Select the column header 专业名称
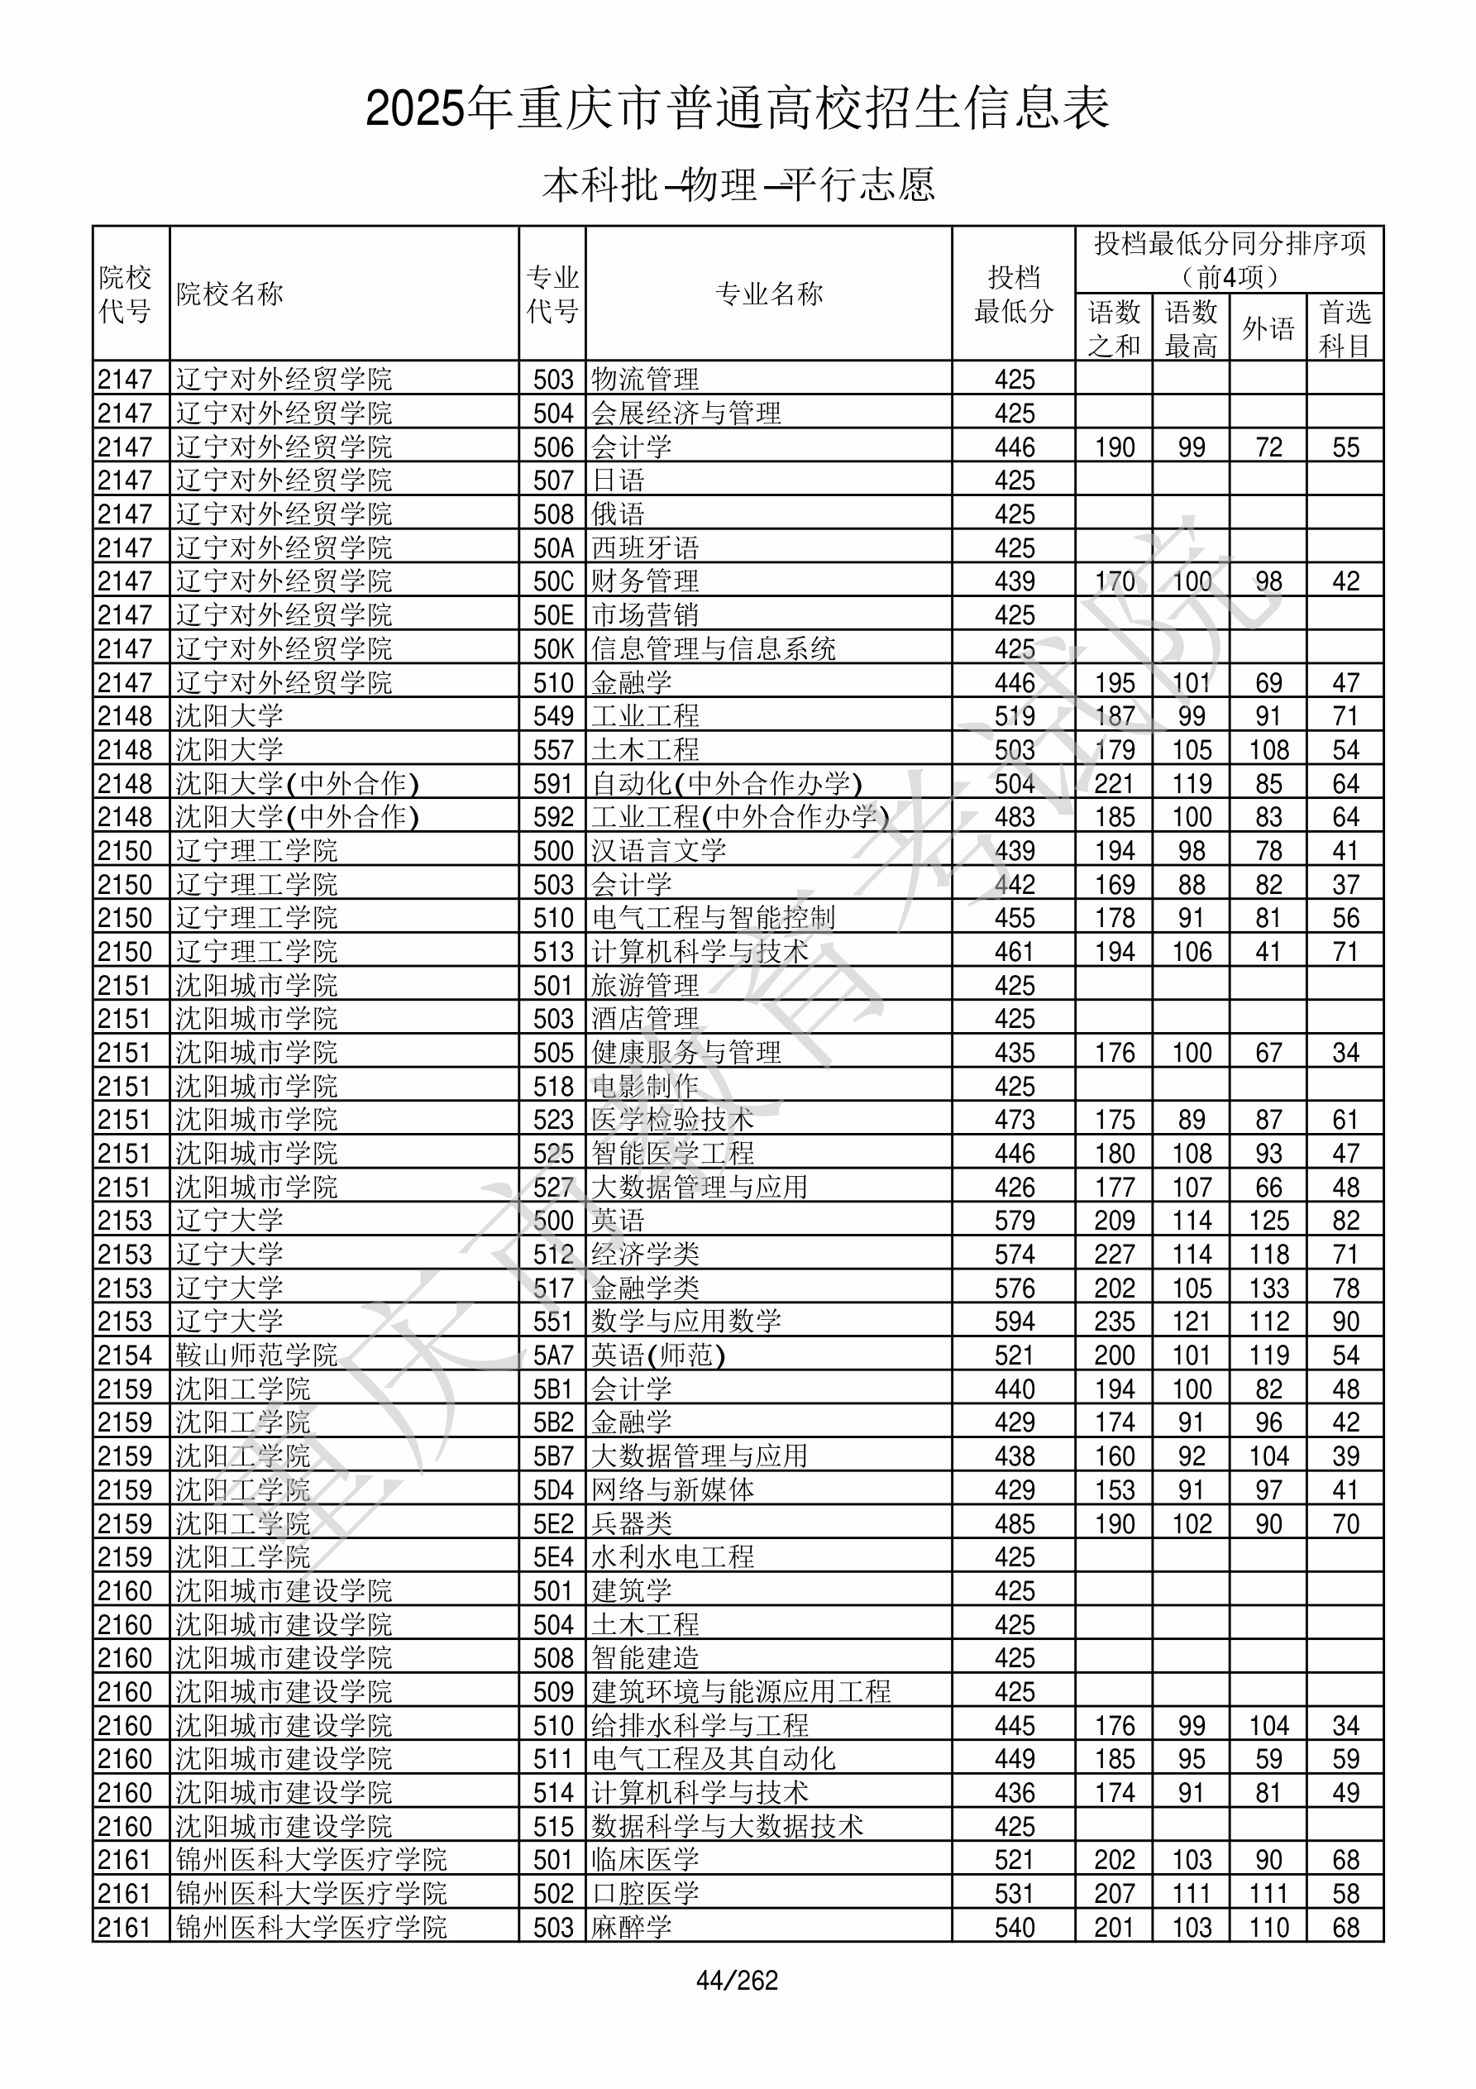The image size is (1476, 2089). (x=768, y=294)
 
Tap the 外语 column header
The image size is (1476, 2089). (x=1268, y=328)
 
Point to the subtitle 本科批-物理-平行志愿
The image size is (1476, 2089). (x=738, y=184)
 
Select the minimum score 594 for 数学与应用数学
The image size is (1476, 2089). (x=1014, y=1321)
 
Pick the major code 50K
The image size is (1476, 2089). (x=552, y=648)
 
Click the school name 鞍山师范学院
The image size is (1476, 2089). (x=256, y=1355)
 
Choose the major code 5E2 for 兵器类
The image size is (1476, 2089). (x=552, y=1524)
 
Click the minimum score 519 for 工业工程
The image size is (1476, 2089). (x=1014, y=716)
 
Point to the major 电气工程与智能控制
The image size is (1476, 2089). (x=713, y=918)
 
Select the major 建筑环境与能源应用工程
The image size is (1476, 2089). (x=741, y=1692)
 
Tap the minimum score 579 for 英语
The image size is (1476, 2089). (x=1014, y=1220)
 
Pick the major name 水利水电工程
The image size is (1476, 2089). (x=672, y=1557)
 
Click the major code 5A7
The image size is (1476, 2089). (x=552, y=1355)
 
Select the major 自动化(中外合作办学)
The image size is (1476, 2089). (x=726, y=783)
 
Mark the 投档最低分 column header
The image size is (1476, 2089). (x=1013, y=294)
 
